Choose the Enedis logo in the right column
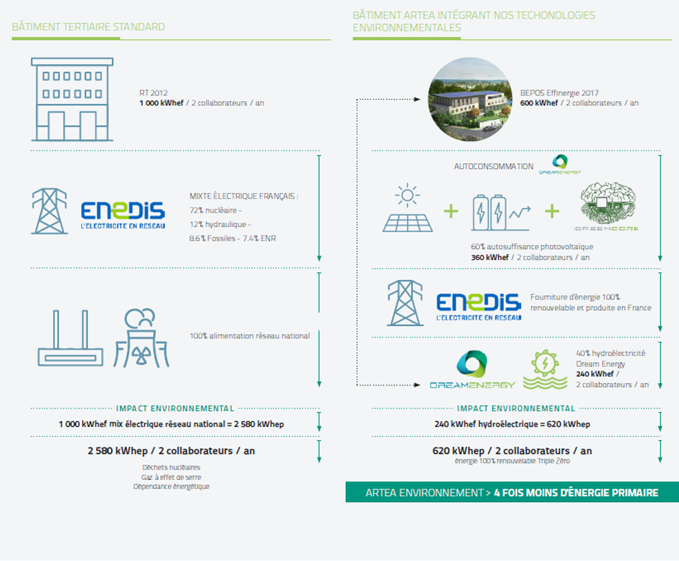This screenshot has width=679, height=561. click(478, 307)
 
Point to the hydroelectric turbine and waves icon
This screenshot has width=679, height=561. click(545, 370)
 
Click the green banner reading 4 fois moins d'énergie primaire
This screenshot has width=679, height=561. click(511, 492)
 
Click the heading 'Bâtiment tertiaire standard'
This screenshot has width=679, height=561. click(88, 27)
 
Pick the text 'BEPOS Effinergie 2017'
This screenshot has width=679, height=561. click(559, 93)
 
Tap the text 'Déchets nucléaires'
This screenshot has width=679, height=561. click(171, 467)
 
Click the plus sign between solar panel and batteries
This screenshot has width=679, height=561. click(451, 212)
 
